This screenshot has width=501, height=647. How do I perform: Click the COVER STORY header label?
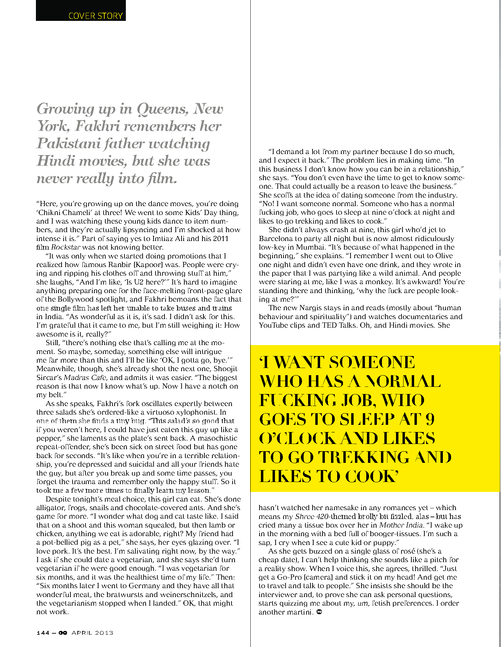pyautogui.click(x=95, y=16)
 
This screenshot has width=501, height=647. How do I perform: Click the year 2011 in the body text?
pyautogui.click(x=220, y=239)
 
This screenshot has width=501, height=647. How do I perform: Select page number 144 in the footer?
pyautogui.click(x=43, y=633)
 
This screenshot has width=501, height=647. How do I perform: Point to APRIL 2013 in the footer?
pyautogui.click(x=92, y=633)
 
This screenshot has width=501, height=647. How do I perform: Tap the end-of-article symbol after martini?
pyautogui.click(x=319, y=612)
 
